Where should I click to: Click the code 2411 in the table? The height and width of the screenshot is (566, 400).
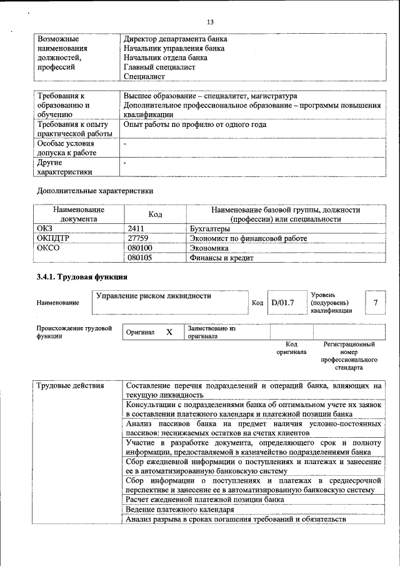pyautogui.click(x=136, y=230)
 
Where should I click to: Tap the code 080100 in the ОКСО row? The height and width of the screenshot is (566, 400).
pyautogui.click(x=140, y=248)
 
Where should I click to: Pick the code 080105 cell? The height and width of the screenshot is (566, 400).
pyautogui.click(x=140, y=258)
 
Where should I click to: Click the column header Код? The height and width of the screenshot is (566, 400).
pyautogui.click(x=156, y=215)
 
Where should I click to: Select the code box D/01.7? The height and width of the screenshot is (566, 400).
pyautogui.click(x=282, y=303)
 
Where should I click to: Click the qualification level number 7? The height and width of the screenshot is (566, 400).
pyautogui.click(x=376, y=303)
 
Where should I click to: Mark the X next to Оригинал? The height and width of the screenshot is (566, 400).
pyautogui.click(x=169, y=333)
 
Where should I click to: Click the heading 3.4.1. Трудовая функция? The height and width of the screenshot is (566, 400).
pyautogui.click(x=82, y=276)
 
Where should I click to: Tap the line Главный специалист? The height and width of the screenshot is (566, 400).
pyautogui.click(x=160, y=67)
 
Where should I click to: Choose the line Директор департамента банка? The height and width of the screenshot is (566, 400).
pyautogui.click(x=176, y=39)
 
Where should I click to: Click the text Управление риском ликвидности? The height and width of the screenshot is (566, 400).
pyautogui.click(x=153, y=296)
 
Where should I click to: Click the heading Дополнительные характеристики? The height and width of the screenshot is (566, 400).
pyautogui.click(x=95, y=190)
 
